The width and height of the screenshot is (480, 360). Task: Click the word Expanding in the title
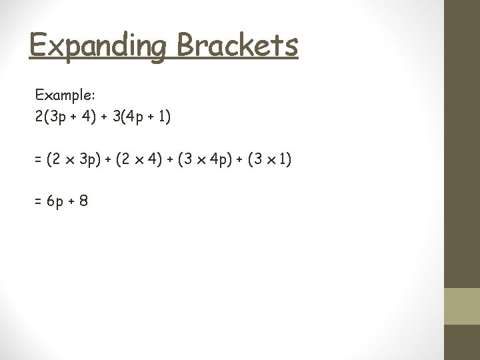point(96,47)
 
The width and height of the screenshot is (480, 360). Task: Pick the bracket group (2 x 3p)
point(73,160)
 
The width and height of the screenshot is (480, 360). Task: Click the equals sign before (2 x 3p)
point(39,160)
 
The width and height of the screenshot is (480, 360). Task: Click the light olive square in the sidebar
point(461,306)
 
